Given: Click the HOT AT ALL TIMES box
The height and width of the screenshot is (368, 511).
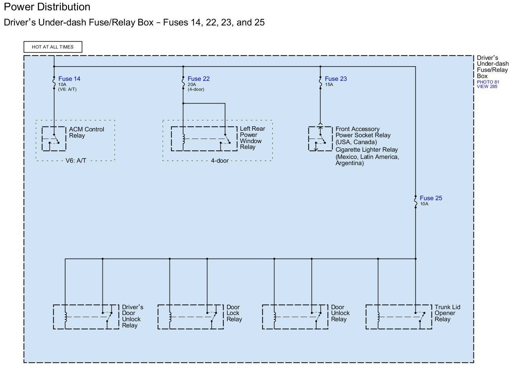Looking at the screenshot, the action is coord(53,47).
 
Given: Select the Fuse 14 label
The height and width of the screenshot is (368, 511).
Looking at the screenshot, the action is coord(69,79).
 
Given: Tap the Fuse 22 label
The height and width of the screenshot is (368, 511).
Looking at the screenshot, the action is coord(198,79).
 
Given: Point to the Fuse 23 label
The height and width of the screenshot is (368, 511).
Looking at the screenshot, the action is coord(336,79).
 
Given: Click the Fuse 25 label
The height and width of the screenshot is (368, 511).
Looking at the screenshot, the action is coord(431,198).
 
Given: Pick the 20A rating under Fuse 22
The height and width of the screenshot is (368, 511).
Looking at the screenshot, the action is coord(192,85).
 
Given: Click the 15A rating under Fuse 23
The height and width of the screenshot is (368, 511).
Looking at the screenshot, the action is coord(329,85).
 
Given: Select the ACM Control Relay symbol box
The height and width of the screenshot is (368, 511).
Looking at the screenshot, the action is coord(54,139).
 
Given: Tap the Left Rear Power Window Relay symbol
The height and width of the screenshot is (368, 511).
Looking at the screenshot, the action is coord(204,139).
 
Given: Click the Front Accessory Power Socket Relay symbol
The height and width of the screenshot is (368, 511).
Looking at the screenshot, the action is coord(320,139).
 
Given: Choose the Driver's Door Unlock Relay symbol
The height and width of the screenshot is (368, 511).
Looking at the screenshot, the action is coord(86,316).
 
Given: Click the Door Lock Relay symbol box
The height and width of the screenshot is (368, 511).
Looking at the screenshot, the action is coord(191,316).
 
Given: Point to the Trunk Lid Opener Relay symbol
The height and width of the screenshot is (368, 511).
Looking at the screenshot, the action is coord(399,316).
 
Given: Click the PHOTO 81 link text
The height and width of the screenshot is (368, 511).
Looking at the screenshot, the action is coord(488,82).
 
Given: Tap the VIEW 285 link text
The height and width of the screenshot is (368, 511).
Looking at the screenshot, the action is coord(487,87).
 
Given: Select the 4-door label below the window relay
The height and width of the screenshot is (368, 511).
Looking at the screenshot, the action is coord(220,161).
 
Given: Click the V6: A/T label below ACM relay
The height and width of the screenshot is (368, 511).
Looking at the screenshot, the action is coord(76,161).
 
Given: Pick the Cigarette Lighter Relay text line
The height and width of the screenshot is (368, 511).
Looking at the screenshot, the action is coord(367,150).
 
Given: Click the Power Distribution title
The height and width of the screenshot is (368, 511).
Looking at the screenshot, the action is coord(47,7).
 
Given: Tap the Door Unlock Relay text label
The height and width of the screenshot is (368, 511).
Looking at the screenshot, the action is coord(340,313).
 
